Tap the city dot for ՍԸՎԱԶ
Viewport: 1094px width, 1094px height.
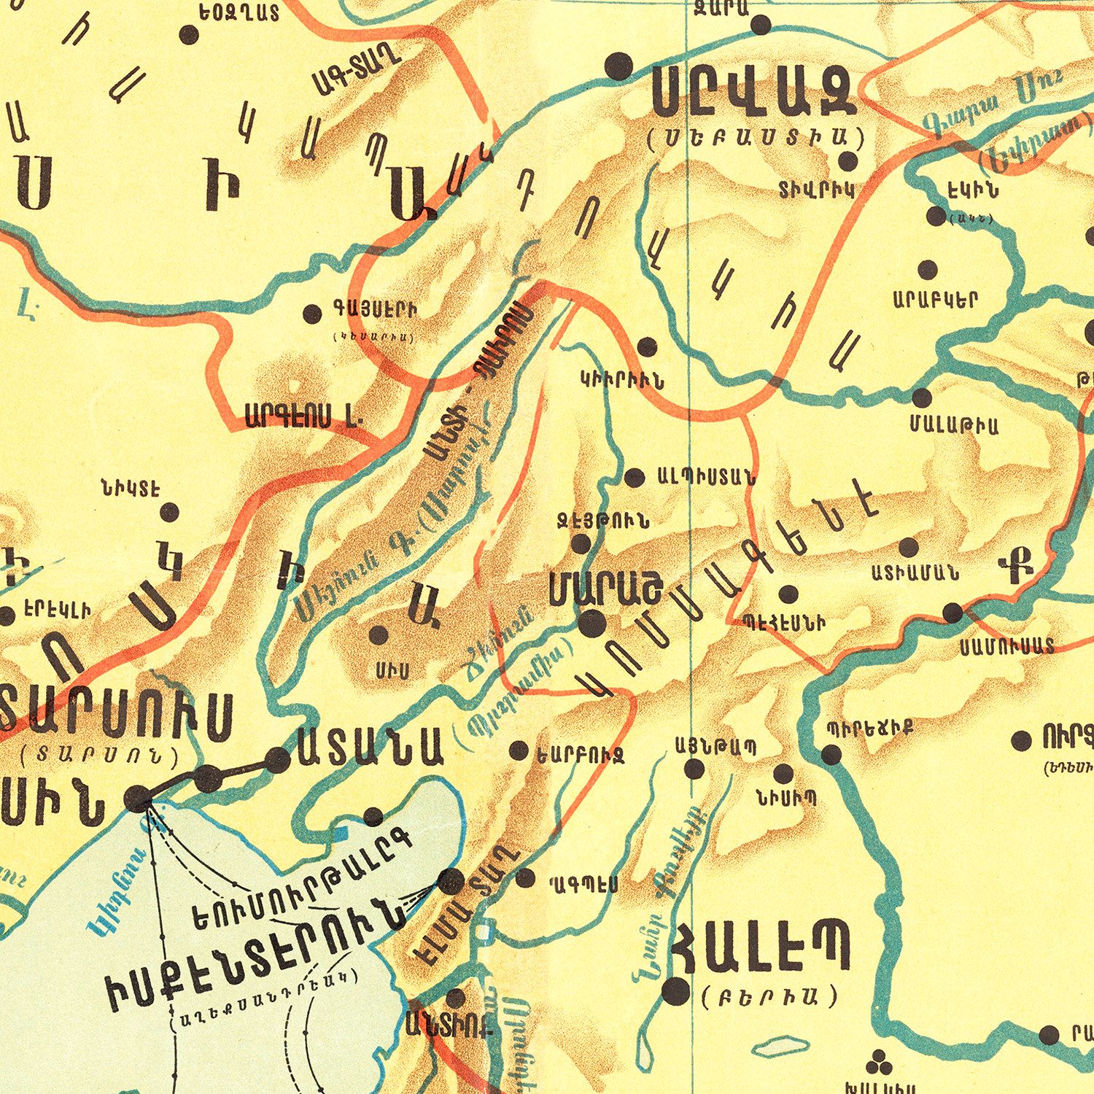click(x=618, y=66)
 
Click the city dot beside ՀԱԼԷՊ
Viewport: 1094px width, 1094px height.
click(x=675, y=990)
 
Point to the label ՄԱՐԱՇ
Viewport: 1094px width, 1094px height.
click(x=605, y=588)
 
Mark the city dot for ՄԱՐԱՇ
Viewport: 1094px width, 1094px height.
click(x=591, y=624)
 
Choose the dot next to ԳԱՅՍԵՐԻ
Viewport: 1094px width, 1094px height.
click(x=312, y=314)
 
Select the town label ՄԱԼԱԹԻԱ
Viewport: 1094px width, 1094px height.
click(x=954, y=424)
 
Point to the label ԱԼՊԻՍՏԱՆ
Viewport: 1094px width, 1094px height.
click(x=706, y=478)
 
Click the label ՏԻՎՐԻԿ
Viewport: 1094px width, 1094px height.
click(x=816, y=191)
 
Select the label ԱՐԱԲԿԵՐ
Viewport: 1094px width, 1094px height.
click(x=935, y=300)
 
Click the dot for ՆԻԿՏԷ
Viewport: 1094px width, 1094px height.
click(x=169, y=512)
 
